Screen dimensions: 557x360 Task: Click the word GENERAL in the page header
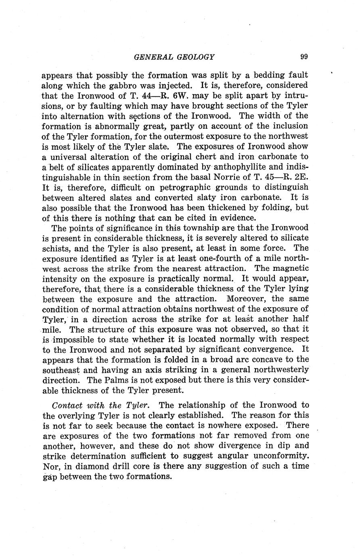153,57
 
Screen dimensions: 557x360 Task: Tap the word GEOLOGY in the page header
196,57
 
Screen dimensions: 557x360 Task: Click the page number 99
304,57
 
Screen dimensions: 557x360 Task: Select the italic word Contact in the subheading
67,405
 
